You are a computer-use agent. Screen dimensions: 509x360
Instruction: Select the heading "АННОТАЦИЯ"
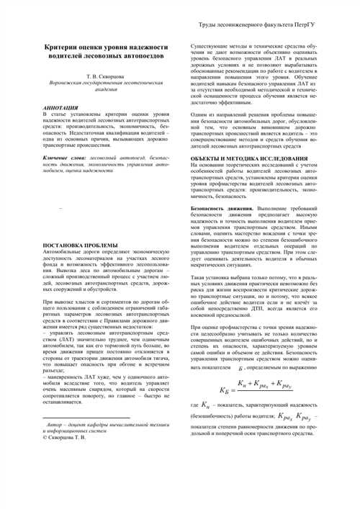60,107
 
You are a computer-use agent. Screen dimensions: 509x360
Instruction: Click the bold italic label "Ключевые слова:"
65,156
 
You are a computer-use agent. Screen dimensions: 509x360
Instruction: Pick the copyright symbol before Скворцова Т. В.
46,438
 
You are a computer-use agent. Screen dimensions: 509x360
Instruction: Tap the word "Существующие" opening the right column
209,45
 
